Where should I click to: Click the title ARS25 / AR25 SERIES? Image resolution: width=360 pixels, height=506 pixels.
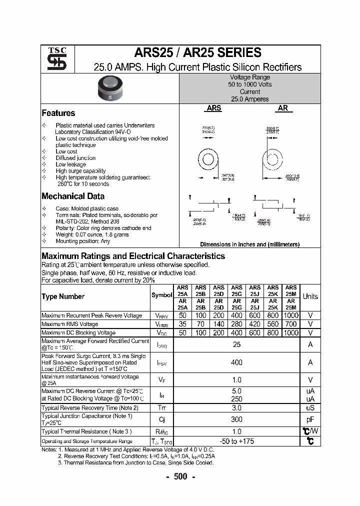click(197, 53)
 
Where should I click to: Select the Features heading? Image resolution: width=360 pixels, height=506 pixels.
click(58, 113)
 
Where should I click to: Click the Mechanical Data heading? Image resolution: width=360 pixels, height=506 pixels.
click(73, 196)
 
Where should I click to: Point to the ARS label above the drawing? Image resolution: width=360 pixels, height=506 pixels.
click(214, 107)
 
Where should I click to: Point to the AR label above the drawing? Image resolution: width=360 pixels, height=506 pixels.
click(282, 107)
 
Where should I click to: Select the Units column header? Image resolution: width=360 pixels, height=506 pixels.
click(310, 296)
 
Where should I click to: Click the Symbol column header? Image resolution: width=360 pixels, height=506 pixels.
click(161, 295)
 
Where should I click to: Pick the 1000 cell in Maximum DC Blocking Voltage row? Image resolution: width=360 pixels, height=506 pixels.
click(290, 333)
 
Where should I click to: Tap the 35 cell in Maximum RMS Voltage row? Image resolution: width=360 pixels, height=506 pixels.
click(182, 324)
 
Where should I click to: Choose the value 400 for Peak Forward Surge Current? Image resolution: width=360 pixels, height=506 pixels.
click(236, 362)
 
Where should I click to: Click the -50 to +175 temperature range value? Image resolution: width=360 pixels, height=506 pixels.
click(236, 441)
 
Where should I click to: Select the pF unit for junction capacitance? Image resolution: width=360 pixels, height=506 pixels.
click(310, 419)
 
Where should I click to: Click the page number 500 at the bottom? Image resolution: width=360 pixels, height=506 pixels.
click(180, 476)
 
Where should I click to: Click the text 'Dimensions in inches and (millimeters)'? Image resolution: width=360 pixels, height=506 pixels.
click(249, 244)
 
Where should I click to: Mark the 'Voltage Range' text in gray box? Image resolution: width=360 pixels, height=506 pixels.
click(249, 77)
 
